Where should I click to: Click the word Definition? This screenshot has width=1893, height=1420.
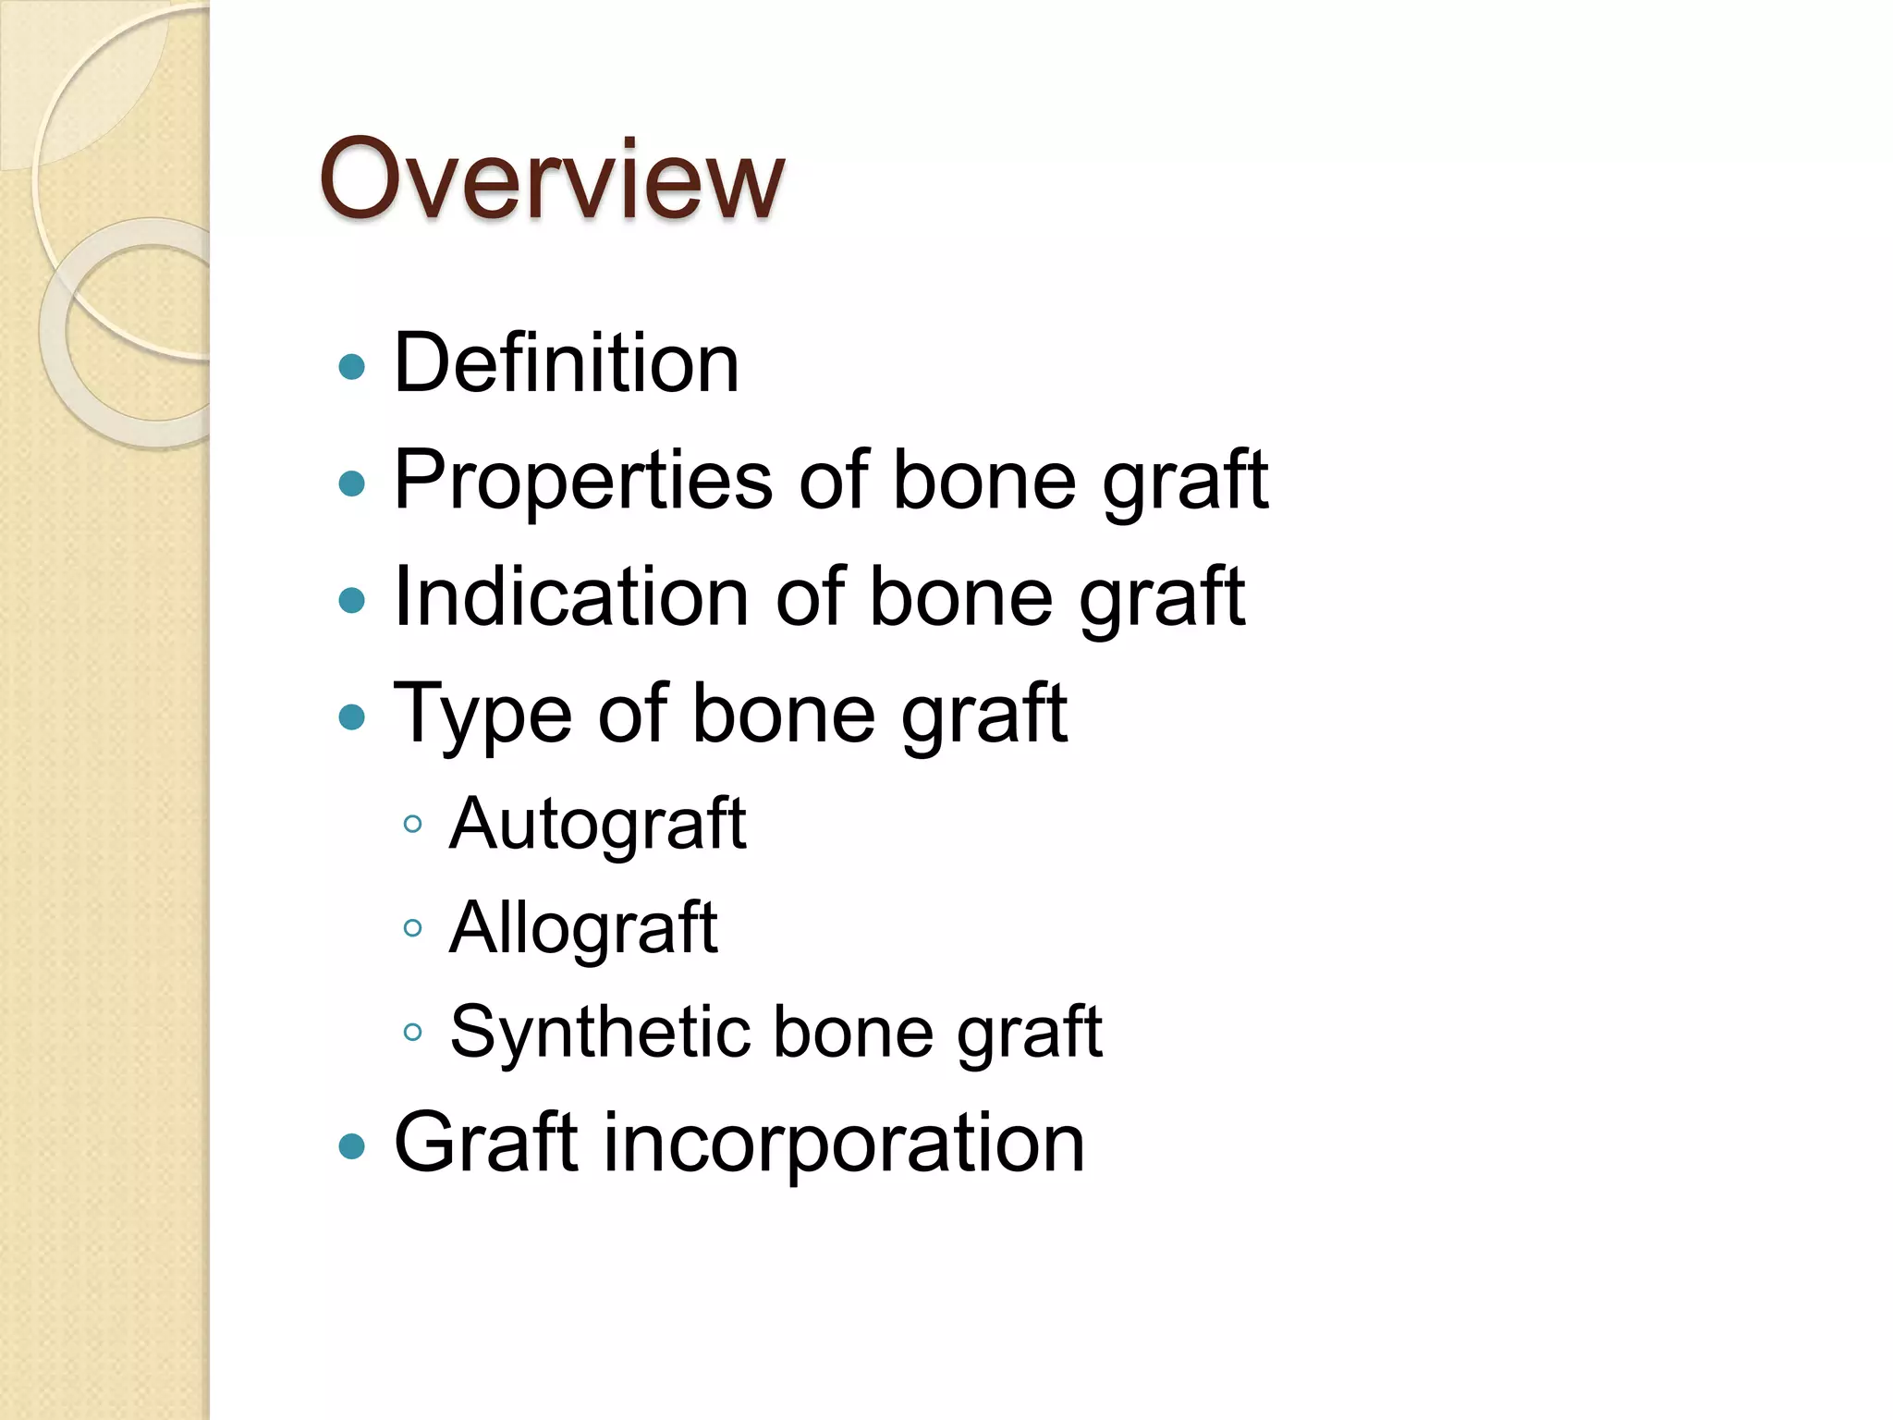tap(566, 363)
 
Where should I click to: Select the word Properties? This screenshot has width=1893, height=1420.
tap(582, 481)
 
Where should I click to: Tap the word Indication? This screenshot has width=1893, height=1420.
tap(570, 597)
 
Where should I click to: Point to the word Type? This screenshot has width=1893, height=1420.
tap(482, 715)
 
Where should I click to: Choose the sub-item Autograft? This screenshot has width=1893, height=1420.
tap(597, 824)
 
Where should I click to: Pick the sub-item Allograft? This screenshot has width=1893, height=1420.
tap(583, 928)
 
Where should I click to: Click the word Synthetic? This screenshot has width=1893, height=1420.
tap(598, 1033)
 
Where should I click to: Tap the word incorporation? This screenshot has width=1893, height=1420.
tap(844, 1144)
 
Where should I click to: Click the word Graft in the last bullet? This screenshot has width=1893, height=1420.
tap(486, 1144)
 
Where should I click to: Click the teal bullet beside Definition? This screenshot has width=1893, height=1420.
tap(352, 368)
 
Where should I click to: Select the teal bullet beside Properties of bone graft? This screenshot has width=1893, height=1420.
tap(352, 484)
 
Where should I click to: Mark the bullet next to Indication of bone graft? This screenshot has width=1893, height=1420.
tap(352, 601)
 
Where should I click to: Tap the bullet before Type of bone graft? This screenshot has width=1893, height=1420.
tap(352, 717)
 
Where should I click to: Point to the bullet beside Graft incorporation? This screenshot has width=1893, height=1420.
tap(352, 1147)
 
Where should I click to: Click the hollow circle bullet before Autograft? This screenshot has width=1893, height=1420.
tap(413, 824)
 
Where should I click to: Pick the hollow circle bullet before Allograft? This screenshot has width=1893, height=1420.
tap(413, 927)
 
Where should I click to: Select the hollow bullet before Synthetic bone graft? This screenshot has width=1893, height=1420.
tap(413, 1032)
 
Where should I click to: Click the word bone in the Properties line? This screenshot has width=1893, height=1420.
tap(983, 481)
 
